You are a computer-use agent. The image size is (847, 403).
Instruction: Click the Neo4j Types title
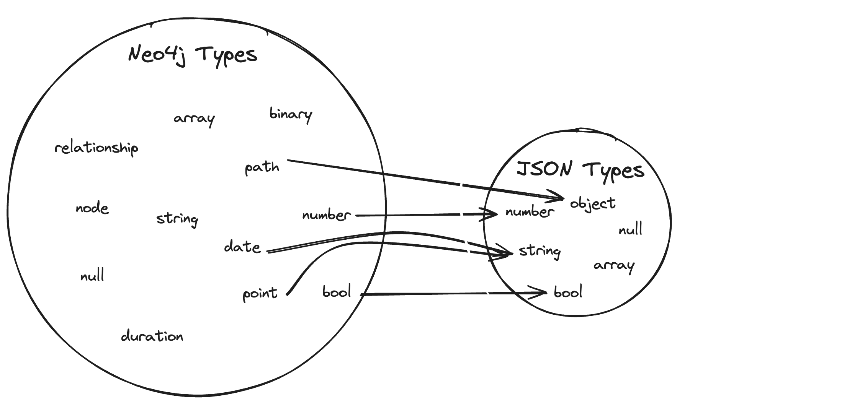point(193,55)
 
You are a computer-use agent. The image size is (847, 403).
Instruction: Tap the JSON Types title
point(580,170)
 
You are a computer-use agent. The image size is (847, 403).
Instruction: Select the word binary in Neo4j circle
point(291,114)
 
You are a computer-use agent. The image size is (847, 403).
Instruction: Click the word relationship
point(96,148)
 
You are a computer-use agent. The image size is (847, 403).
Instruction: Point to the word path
point(262,167)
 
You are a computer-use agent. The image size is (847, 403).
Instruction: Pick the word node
point(92,208)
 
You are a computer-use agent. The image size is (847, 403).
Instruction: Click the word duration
point(152,336)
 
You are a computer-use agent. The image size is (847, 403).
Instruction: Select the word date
point(242,247)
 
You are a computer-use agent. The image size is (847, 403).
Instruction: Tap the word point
point(260,294)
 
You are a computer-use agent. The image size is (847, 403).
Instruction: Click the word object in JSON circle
point(593,203)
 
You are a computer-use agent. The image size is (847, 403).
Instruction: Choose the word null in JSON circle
point(630,230)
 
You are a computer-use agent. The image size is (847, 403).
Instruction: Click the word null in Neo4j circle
point(92,276)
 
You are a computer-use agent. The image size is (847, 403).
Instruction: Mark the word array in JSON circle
point(614,265)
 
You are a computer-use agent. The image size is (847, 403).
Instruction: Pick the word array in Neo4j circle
point(194,119)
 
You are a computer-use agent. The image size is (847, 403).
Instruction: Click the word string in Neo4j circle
point(177,219)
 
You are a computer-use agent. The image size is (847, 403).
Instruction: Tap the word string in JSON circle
point(540,251)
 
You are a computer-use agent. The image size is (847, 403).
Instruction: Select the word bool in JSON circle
point(568,292)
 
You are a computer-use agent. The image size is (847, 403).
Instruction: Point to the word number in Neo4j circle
point(326,215)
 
